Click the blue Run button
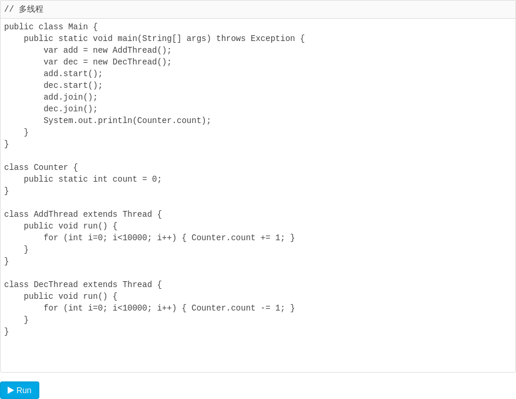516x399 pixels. (x=19, y=390)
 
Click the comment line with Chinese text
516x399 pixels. (x=23, y=9)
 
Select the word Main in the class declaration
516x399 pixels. (x=78, y=27)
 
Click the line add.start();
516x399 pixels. (x=73, y=74)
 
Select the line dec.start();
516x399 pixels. (x=73, y=86)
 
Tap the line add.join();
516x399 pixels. (x=70, y=97)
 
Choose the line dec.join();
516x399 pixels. (x=70, y=109)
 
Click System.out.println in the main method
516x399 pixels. (x=87, y=121)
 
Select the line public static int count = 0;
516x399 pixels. (x=93, y=179)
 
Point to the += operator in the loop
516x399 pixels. (x=265, y=238)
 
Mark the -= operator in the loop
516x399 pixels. (x=265, y=308)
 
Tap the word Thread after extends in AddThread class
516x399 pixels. (x=137, y=214)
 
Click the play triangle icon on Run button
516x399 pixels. (x=11, y=390)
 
